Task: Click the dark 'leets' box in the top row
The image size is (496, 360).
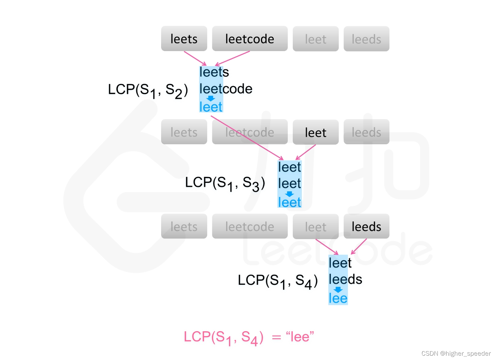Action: point(184,39)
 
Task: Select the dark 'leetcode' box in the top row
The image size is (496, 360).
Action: point(250,39)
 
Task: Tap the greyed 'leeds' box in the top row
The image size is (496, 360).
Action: point(366,39)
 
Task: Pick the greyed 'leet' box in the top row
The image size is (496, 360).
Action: point(316,39)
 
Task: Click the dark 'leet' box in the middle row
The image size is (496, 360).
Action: point(316,132)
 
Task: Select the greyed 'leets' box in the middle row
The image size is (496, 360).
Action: point(184,132)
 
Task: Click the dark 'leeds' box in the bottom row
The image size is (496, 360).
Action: point(366,226)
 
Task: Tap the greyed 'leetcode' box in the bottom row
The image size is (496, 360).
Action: point(250,226)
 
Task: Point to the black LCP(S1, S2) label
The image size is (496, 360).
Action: point(148,90)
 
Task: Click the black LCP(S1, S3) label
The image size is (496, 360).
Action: point(225,183)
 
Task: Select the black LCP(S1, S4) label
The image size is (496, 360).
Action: point(278,281)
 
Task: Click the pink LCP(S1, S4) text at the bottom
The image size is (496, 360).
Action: point(223,337)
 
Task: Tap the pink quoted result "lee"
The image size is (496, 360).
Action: point(300,337)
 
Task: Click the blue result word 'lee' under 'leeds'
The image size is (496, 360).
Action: point(338,298)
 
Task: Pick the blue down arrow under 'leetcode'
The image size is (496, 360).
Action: point(211,98)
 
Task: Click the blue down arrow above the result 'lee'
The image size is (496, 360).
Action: point(338,290)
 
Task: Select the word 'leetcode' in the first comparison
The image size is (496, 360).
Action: point(226,89)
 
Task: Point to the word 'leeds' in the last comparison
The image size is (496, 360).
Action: point(345,279)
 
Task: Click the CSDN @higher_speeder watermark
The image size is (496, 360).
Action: point(456,353)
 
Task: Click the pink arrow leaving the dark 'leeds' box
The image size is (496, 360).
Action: point(359,246)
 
